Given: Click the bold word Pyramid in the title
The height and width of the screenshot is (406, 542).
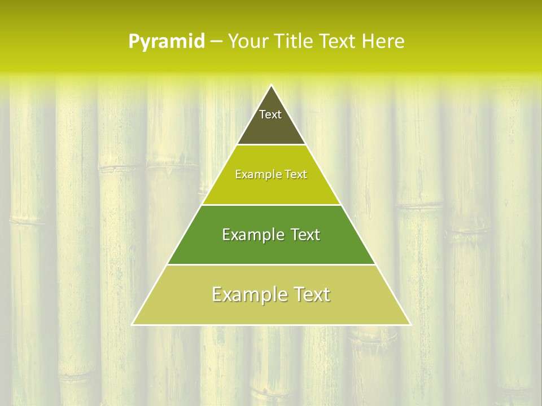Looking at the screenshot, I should (166, 42).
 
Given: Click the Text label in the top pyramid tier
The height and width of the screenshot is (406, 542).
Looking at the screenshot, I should (270, 114).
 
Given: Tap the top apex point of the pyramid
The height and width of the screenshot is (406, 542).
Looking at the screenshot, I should (271, 85).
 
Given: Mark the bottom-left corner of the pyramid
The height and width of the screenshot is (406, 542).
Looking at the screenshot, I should (132, 325).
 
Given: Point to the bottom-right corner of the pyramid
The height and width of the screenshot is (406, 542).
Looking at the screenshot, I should (410, 325).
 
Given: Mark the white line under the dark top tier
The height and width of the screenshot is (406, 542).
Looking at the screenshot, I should (271, 145).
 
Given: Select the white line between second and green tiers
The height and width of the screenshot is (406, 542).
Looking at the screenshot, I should (271, 205).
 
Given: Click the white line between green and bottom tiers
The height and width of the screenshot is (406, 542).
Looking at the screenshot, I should (271, 264).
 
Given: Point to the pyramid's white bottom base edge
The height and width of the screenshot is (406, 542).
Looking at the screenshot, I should (271, 325).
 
